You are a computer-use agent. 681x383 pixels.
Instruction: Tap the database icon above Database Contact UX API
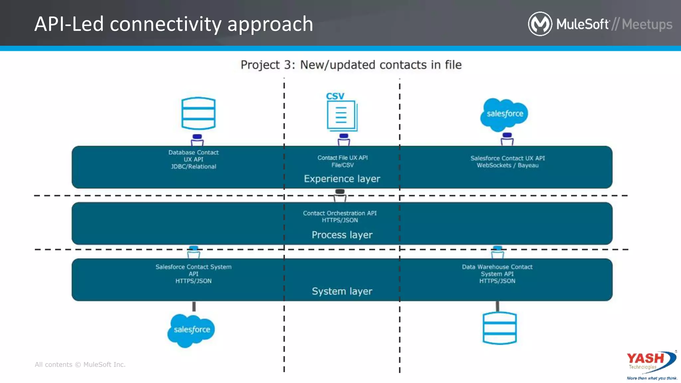click(x=198, y=113)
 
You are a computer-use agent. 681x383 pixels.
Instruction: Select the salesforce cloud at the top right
click(x=504, y=114)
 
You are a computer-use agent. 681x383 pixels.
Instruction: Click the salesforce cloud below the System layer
click(x=192, y=330)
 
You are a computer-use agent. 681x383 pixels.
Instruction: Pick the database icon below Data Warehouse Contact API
click(x=499, y=328)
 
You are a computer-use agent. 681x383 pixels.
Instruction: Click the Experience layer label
click(x=342, y=179)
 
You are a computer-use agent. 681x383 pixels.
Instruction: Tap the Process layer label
click(x=342, y=235)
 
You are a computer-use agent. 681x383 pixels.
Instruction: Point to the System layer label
click(x=342, y=291)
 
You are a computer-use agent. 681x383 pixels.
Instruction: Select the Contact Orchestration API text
click(x=340, y=216)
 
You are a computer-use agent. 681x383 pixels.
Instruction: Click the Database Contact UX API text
click(x=193, y=159)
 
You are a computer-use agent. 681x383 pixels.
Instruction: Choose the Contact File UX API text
click(x=342, y=161)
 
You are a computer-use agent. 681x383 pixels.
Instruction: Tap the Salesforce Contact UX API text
click(x=507, y=162)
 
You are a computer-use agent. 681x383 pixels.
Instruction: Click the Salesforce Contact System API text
click(x=193, y=274)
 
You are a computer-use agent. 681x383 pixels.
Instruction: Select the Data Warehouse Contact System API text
click(x=497, y=274)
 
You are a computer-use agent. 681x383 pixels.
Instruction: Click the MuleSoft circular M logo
click(x=540, y=24)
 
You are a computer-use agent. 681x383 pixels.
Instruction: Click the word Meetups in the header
click(x=647, y=24)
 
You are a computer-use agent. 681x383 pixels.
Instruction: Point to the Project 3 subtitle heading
click(x=351, y=65)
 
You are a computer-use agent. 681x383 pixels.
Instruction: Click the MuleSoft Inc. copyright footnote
click(x=80, y=364)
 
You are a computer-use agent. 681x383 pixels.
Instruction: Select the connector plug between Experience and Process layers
click(x=340, y=195)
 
